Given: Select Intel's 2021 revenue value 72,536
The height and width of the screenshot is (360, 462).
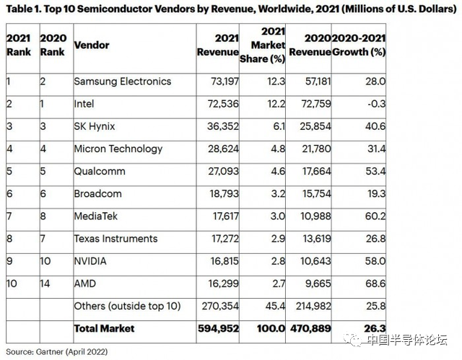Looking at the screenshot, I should coord(222,104).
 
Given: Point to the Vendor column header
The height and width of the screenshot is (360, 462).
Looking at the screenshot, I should coord(92,45).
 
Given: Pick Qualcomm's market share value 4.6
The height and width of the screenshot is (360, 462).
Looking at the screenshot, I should coord(258,172).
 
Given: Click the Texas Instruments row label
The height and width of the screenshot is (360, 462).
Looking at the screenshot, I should coord(115,239).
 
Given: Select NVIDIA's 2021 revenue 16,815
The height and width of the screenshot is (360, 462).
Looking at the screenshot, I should coord(222,261).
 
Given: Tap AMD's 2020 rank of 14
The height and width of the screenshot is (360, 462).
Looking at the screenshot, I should coord(45,284).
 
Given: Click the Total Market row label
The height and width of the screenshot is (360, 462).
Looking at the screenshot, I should coord(104,329).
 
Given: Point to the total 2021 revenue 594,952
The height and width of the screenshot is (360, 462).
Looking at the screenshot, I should coord(218,329).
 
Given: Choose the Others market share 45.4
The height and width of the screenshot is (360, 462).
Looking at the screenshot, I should coord(257,307).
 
